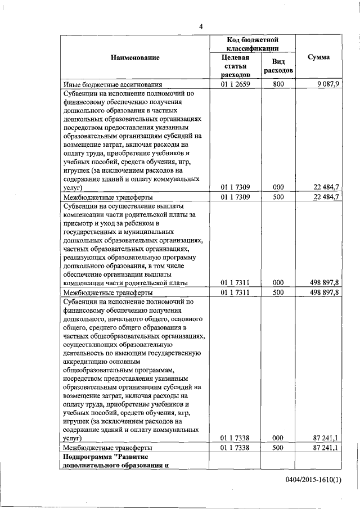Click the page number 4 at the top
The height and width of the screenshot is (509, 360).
201,26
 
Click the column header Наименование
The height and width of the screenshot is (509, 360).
135,57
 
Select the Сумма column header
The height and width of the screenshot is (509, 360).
319,57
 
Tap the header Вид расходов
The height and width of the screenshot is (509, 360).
277,66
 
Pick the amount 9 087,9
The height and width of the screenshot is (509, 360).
327,84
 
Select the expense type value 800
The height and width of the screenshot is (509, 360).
277,84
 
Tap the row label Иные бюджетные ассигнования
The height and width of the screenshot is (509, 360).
112,84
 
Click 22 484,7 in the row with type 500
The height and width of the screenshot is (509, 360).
325,197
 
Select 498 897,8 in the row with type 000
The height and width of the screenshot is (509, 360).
323,283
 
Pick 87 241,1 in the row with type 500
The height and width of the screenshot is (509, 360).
325,448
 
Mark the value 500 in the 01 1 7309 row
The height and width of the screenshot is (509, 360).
277,197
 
